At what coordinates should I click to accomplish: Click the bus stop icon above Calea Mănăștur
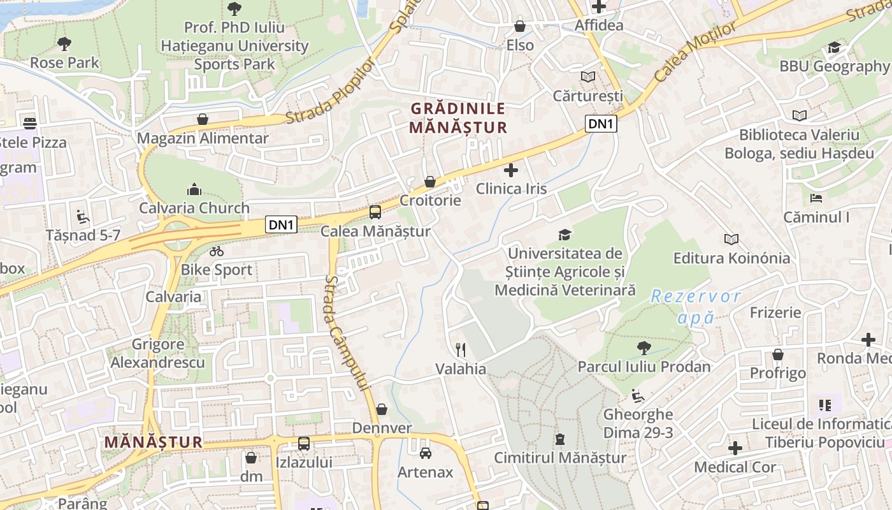(375, 212)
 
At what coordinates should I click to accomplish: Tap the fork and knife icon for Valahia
(461, 349)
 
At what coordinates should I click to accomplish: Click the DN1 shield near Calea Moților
(601, 124)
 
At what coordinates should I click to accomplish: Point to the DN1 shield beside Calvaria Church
(281, 224)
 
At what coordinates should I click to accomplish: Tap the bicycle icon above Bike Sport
(217, 251)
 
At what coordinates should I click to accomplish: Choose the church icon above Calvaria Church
(194, 189)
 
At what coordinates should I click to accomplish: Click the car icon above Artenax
(425, 453)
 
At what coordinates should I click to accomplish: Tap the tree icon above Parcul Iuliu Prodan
(644, 347)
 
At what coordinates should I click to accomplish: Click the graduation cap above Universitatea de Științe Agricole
(565, 235)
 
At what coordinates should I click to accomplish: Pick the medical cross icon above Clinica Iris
(511, 170)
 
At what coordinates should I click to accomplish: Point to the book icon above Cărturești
(587, 77)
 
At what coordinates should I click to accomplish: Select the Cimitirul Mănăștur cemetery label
(560, 458)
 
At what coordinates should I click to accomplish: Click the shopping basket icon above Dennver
(382, 409)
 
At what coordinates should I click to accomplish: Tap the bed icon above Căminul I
(816, 198)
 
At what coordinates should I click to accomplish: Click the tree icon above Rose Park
(64, 44)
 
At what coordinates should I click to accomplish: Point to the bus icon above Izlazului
(304, 443)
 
